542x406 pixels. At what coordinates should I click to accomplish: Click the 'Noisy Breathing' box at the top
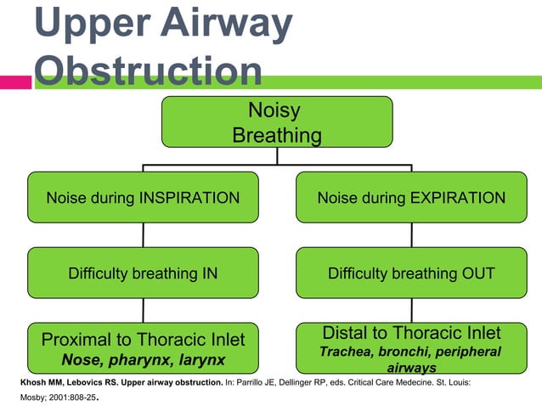coord(277,121)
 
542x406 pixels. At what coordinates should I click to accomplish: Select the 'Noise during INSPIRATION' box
coord(143,198)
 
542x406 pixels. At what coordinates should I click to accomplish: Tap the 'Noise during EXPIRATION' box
coord(411,198)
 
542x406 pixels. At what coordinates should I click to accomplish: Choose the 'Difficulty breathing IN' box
coord(143,273)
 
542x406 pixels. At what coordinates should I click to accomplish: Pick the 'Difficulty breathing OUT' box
coord(411,273)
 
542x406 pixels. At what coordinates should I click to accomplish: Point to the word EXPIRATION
coord(459,198)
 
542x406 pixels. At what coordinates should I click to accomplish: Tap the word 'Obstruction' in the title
coord(150,73)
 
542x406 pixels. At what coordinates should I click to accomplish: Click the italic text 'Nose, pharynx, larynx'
coord(143,360)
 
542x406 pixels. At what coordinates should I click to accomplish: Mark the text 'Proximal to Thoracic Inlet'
coord(143,340)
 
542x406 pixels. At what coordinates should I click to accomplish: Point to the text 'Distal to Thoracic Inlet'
coord(411,332)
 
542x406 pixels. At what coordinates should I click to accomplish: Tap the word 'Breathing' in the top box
coord(277,135)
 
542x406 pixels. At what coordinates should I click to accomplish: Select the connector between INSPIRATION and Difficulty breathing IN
coord(143,234)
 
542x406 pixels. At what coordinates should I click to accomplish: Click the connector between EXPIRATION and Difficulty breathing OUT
coord(411,234)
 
